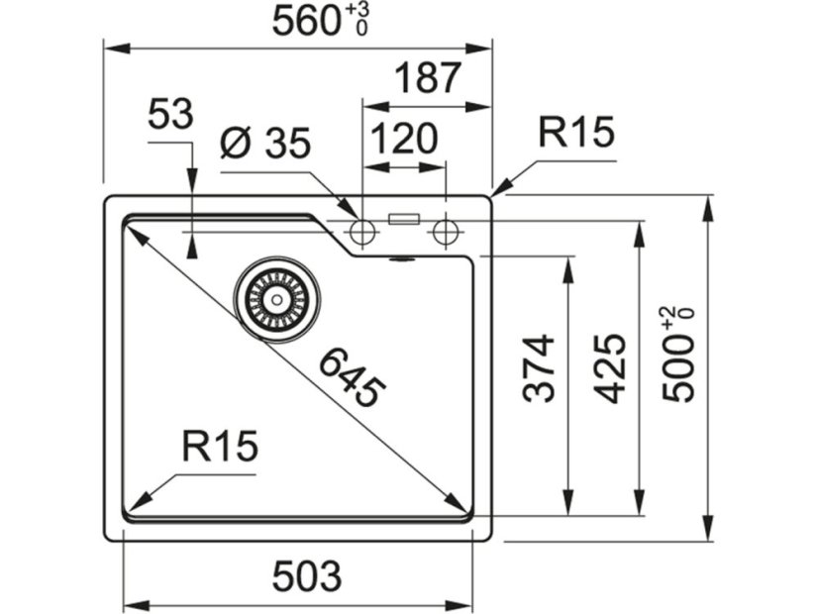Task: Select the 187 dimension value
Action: [x=428, y=78]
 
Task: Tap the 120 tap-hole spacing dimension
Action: [x=405, y=139]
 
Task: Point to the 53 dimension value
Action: [x=169, y=116]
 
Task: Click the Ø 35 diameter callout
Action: [x=265, y=146]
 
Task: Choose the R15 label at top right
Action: [x=576, y=132]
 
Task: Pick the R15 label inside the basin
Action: [x=220, y=447]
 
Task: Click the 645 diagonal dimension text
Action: [x=349, y=377]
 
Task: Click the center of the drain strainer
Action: [x=278, y=297]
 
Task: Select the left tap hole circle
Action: [x=361, y=233]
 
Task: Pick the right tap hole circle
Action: [x=446, y=233]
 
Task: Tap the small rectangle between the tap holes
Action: [x=405, y=219]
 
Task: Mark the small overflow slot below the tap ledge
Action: [x=402, y=259]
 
